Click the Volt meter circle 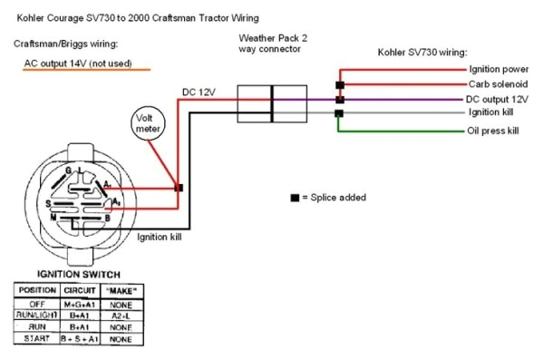click(x=145, y=124)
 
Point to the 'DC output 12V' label click(x=497, y=98)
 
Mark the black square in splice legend click(x=294, y=198)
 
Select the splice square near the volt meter click(x=180, y=188)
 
